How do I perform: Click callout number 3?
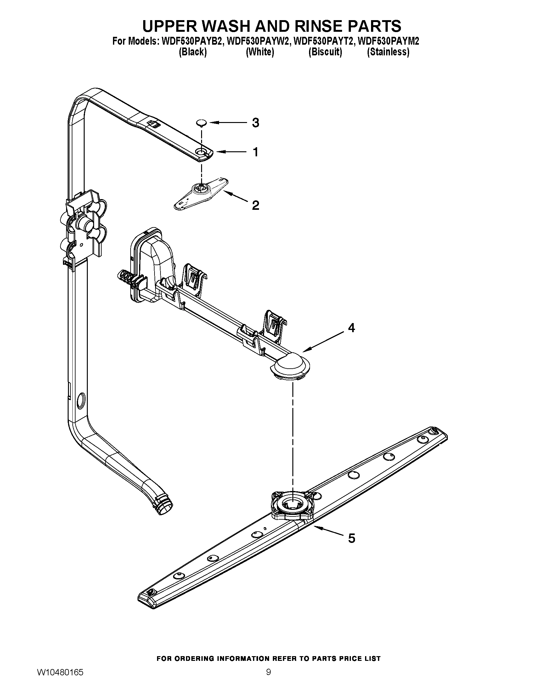click(256, 123)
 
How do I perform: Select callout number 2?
click(256, 205)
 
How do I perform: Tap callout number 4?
click(351, 328)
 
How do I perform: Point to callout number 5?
click(352, 538)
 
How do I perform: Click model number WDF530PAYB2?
click(192, 42)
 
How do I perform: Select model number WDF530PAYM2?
click(388, 42)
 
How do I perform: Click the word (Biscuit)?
click(325, 52)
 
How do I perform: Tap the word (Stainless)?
click(388, 52)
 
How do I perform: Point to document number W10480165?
click(60, 680)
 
